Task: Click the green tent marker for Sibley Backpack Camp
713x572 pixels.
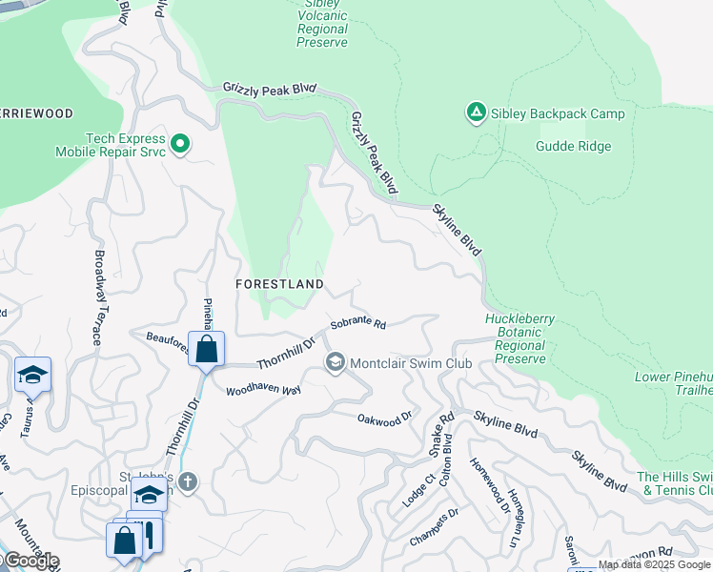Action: pyautogui.click(x=476, y=113)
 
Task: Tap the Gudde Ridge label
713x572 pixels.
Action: pyautogui.click(x=573, y=146)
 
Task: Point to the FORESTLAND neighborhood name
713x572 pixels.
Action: pyautogui.click(x=280, y=284)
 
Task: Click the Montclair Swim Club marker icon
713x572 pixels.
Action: pyautogui.click(x=335, y=362)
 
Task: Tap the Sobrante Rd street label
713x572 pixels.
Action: pyautogui.click(x=358, y=324)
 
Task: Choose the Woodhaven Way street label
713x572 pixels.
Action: pyautogui.click(x=263, y=390)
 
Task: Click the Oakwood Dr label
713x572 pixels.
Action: pyautogui.click(x=384, y=417)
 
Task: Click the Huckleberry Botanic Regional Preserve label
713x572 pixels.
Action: pyautogui.click(x=520, y=339)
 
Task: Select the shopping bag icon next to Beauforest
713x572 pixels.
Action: pyautogui.click(x=206, y=349)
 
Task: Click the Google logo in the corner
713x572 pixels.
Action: pyautogui.click(x=31, y=561)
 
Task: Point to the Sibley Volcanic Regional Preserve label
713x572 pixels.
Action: pyautogui.click(x=322, y=23)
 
